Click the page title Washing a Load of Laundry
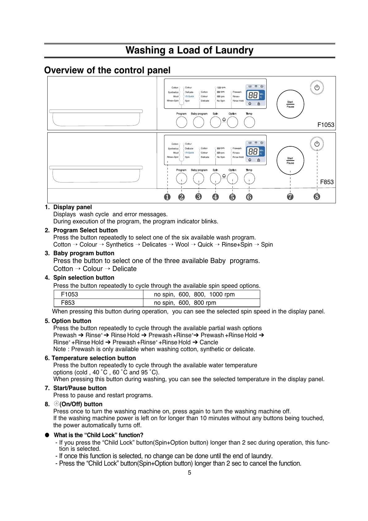189,50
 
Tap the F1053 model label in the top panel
326,125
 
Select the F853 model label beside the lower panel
327,182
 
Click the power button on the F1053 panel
317,88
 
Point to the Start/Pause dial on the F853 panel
290,161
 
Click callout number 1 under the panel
167,197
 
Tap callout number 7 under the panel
290,197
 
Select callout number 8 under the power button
317,196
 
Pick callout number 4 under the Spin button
215,197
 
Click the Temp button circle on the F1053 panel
249,122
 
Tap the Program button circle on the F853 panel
181,179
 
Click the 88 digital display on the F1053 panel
253,95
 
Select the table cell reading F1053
70,295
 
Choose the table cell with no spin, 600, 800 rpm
185,303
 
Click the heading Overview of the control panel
107,70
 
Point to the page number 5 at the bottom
189,472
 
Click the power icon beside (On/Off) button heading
56,404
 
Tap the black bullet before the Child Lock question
47,435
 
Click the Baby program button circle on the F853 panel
198,179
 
